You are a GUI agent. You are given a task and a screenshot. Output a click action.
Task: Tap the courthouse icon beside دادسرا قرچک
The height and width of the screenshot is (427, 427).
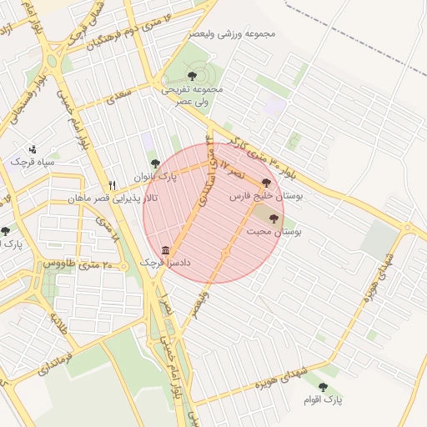point(165,250)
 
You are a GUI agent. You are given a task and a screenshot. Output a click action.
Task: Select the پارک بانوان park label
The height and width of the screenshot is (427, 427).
point(156,177)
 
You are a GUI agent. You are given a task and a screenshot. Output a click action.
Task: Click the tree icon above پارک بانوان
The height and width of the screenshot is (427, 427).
point(153,164)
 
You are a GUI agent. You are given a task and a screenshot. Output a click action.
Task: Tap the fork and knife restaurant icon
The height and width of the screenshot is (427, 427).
point(113,185)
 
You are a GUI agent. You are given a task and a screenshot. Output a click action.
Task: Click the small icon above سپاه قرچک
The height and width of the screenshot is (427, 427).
point(33,148)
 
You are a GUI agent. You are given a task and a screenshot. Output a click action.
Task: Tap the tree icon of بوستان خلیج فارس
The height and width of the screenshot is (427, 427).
point(266,182)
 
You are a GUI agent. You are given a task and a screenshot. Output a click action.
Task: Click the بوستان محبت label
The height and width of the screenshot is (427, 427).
point(274,229)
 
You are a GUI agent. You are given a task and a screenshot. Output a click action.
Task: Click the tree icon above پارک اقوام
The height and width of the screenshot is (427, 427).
point(324,387)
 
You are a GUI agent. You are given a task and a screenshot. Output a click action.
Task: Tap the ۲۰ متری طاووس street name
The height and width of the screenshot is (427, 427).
point(72,264)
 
